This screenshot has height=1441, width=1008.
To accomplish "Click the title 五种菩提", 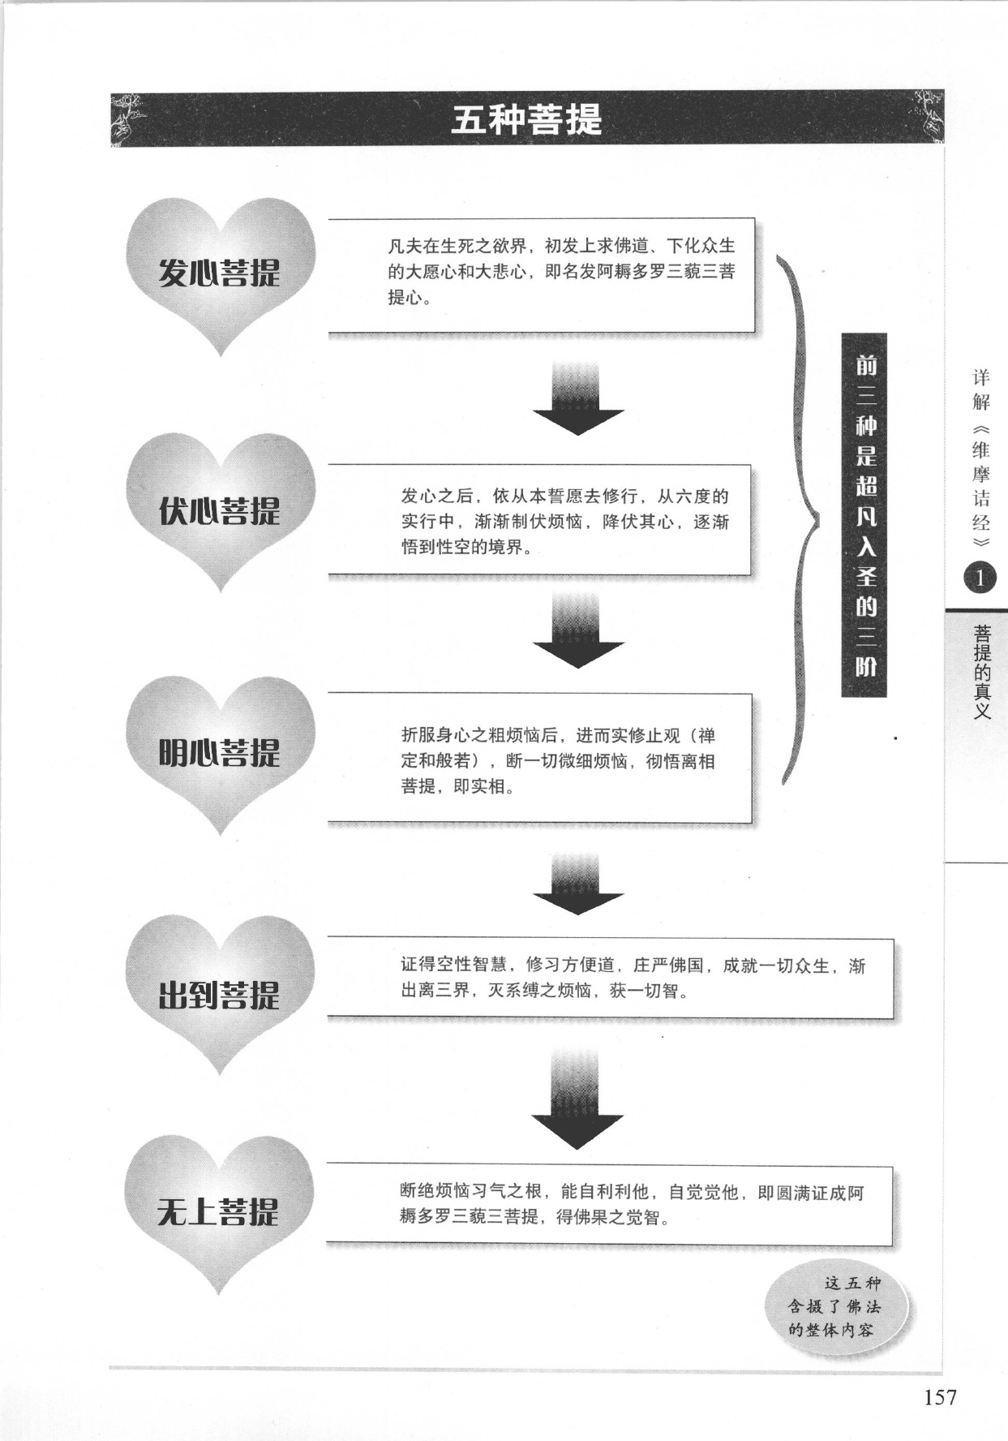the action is point(527,120).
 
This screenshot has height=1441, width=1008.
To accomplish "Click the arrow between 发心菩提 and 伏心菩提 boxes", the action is point(578,397).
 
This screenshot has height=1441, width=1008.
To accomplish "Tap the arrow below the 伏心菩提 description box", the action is point(578,630).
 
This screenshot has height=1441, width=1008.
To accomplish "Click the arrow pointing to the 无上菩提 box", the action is point(577,1099).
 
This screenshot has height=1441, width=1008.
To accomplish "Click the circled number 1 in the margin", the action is point(980,578).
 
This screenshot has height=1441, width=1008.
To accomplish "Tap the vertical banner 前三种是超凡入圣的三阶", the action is point(864,515).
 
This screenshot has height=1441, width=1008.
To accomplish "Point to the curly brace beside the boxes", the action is point(799,519).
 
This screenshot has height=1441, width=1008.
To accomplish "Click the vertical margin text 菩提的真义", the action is point(982,672).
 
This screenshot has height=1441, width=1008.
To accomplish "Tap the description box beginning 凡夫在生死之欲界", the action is point(542,275).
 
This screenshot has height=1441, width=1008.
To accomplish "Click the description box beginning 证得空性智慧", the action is point(611,978).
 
